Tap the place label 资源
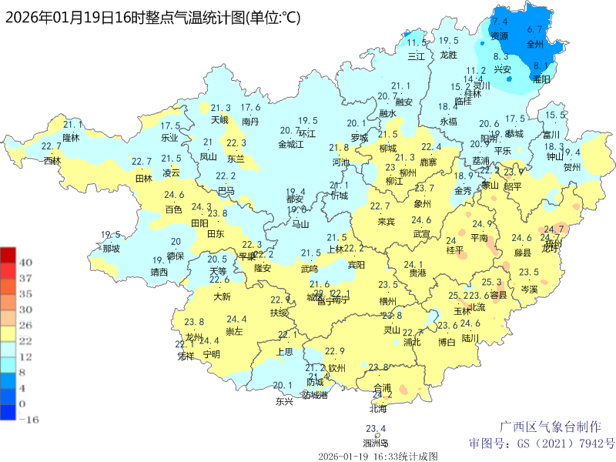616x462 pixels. point(500,36)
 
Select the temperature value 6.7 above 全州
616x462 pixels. point(534,29)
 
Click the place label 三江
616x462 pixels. point(416,56)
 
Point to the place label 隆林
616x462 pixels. point(71,138)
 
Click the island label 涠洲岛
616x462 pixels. point(376,443)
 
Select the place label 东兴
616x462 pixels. point(284,401)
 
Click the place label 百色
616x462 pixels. point(174,209)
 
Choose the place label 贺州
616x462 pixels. point(571,167)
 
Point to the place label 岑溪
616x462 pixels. point(529,289)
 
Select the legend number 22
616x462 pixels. point(25,340)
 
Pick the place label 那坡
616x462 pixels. point(111,249)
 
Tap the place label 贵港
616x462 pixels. point(417,273)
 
